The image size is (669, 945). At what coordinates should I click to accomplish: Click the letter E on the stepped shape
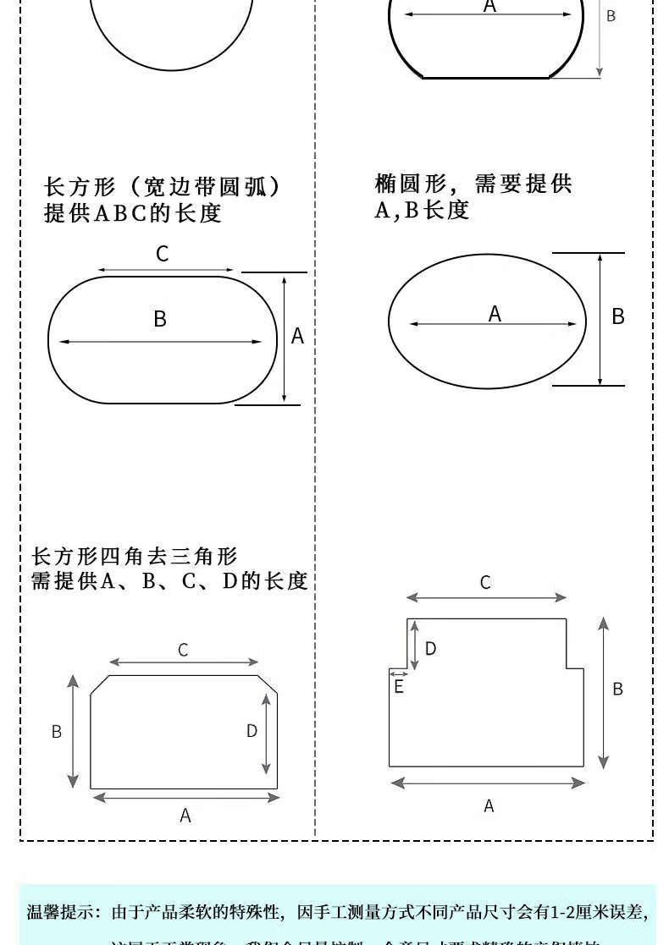[399, 688]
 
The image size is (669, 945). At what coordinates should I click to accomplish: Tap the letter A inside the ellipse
[495, 314]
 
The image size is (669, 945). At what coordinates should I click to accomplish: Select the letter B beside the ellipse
[618, 316]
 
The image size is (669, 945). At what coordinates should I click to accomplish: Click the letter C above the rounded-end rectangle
[163, 254]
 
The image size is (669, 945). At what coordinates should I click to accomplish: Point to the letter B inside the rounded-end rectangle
[160, 319]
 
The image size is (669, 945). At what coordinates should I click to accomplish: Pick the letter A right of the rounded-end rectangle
[297, 337]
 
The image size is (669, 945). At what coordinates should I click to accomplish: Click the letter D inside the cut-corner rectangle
[252, 731]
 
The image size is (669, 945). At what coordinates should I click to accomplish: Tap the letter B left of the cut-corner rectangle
[57, 732]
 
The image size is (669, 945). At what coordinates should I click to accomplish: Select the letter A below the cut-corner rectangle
[185, 816]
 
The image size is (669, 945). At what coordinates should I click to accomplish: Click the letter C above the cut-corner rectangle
[183, 651]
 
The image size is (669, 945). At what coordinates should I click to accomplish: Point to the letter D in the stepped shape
[430, 649]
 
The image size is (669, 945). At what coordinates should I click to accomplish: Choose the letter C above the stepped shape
[485, 583]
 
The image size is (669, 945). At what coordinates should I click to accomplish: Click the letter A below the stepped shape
[489, 806]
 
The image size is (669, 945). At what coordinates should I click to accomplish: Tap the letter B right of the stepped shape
[617, 690]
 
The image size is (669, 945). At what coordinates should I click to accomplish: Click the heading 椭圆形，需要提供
[473, 184]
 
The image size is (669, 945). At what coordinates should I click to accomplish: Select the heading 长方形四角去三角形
[135, 557]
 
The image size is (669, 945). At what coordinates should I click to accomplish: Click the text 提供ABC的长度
[133, 213]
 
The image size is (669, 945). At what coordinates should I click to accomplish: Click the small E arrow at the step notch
[399, 674]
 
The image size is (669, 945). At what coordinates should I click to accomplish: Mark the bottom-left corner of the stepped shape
[390, 766]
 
